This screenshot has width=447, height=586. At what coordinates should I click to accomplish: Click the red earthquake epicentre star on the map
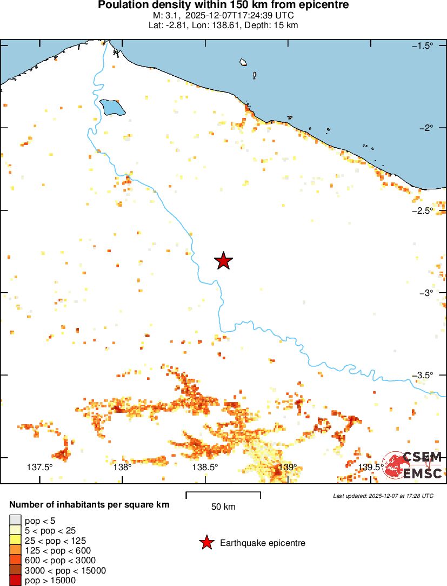pos(224,261)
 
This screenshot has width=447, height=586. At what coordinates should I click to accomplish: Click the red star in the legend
pos(206,543)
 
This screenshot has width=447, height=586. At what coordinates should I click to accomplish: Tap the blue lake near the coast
pos(112,107)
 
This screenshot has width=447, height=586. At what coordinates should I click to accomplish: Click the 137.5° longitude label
pos(39,468)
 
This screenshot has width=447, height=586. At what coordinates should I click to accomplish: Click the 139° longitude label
pos(288,468)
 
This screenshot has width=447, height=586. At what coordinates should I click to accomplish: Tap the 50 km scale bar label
pos(223,507)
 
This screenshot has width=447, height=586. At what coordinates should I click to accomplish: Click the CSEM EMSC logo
pos(412,465)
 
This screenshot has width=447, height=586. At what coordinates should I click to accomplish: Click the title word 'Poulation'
pos(122,5)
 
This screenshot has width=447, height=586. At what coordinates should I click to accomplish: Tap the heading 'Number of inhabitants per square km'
pos(89,505)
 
